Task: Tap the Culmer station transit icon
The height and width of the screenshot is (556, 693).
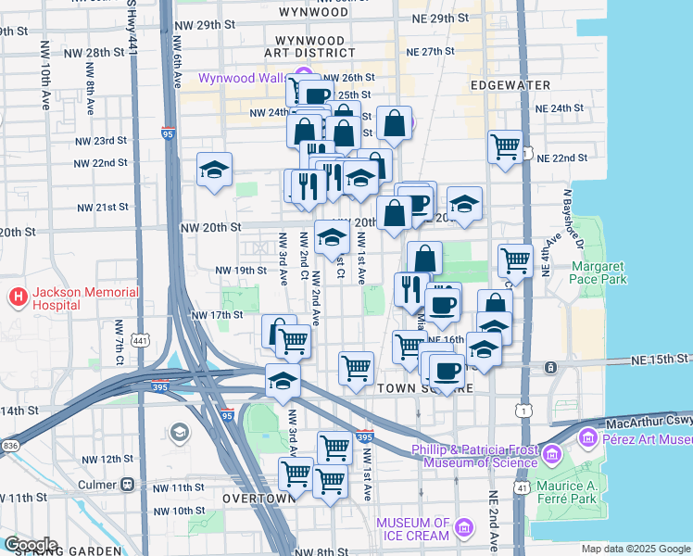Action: [x=128, y=485]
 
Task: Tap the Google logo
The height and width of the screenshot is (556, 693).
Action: [x=31, y=545]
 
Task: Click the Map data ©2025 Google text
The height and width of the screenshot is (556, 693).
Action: [x=636, y=549]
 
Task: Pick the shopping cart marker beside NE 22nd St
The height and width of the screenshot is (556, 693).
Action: [x=505, y=145]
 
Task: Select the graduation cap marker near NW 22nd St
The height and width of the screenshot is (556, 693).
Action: [x=214, y=170]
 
